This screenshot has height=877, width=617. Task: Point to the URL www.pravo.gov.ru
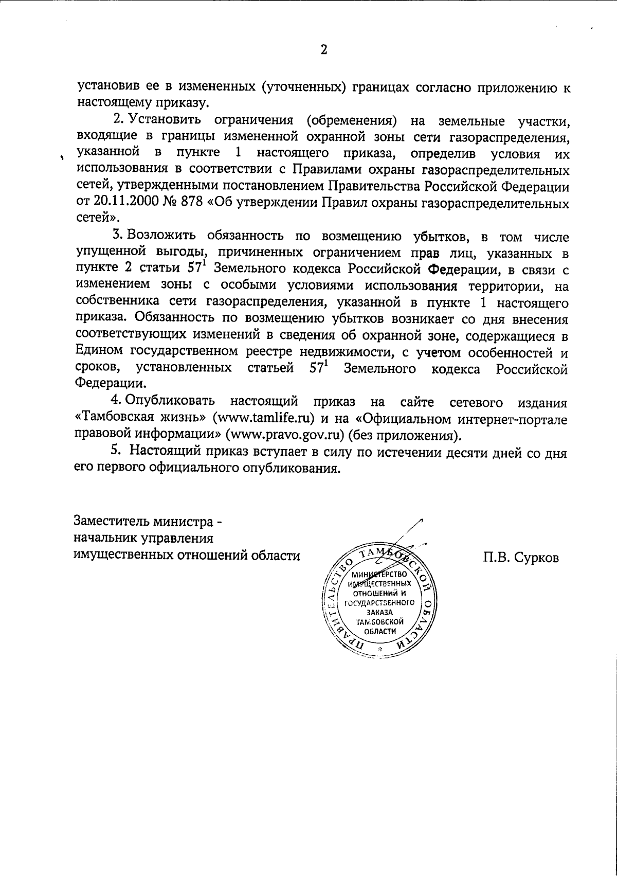[289, 436]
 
